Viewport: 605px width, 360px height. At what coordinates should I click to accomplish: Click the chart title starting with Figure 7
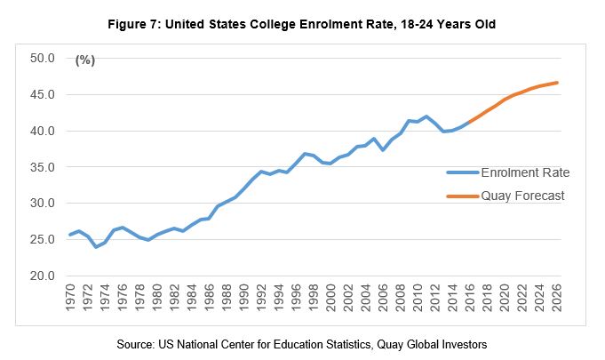(302, 24)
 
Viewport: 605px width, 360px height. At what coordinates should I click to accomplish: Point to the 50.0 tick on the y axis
(42, 59)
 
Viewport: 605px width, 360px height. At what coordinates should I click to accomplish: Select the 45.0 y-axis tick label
(42, 95)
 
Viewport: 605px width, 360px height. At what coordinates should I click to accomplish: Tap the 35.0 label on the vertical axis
(42, 167)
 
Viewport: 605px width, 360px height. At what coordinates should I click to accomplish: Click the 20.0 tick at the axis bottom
(42, 276)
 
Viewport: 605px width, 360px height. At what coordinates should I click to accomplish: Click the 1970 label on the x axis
(71, 299)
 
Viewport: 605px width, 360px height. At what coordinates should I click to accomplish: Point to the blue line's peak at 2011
(427, 116)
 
